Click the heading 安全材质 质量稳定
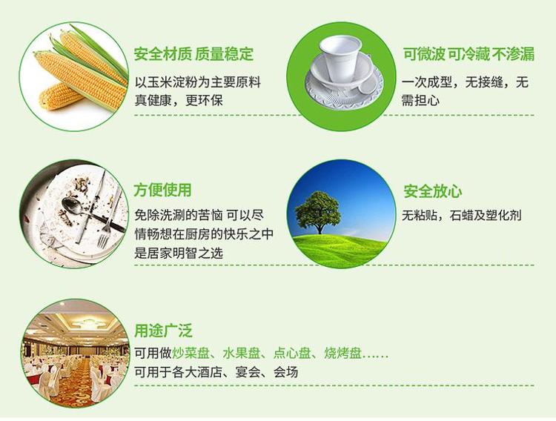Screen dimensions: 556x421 click(x=193, y=54)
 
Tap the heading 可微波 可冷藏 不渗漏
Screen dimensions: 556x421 click(x=469, y=54)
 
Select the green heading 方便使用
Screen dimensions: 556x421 click(x=163, y=190)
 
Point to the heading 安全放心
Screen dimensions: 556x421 click(x=433, y=191)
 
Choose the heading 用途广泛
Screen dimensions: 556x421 click(x=163, y=331)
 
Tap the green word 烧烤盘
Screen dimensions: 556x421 click(x=343, y=354)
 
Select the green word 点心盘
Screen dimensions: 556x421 click(x=292, y=354)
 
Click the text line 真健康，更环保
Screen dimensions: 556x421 click(x=179, y=100)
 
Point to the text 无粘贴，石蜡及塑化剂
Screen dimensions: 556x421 click(x=462, y=215)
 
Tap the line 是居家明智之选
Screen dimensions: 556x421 click(x=179, y=253)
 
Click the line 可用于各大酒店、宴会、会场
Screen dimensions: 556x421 click(x=216, y=372)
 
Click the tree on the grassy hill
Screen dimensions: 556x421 click(x=317, y=212)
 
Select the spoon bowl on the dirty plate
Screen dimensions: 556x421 click(x=71, y=205)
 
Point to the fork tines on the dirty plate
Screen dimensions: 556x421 click(x=103, y=239)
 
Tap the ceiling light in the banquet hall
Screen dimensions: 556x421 click(x=86, y=323)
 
